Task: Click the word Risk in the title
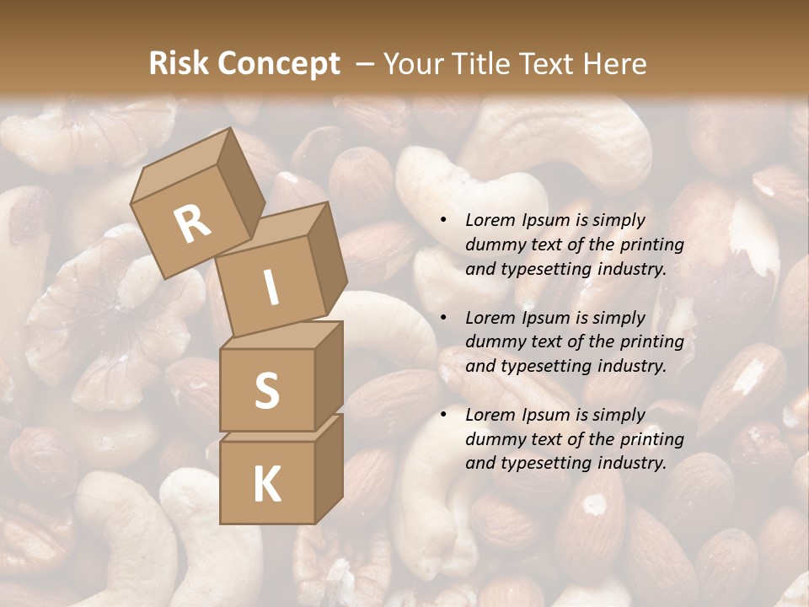click(179, 63)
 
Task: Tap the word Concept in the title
click(279, 63)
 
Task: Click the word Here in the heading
click(613, 63)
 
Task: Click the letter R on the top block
click(192, 223)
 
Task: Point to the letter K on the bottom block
click(266, 484)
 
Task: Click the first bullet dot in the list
click(443, 220)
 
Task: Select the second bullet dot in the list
click(443, 318)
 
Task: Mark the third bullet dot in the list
click(443, 415)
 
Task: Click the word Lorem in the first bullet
click(489, 220)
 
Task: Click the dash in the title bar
click(366, 63)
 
